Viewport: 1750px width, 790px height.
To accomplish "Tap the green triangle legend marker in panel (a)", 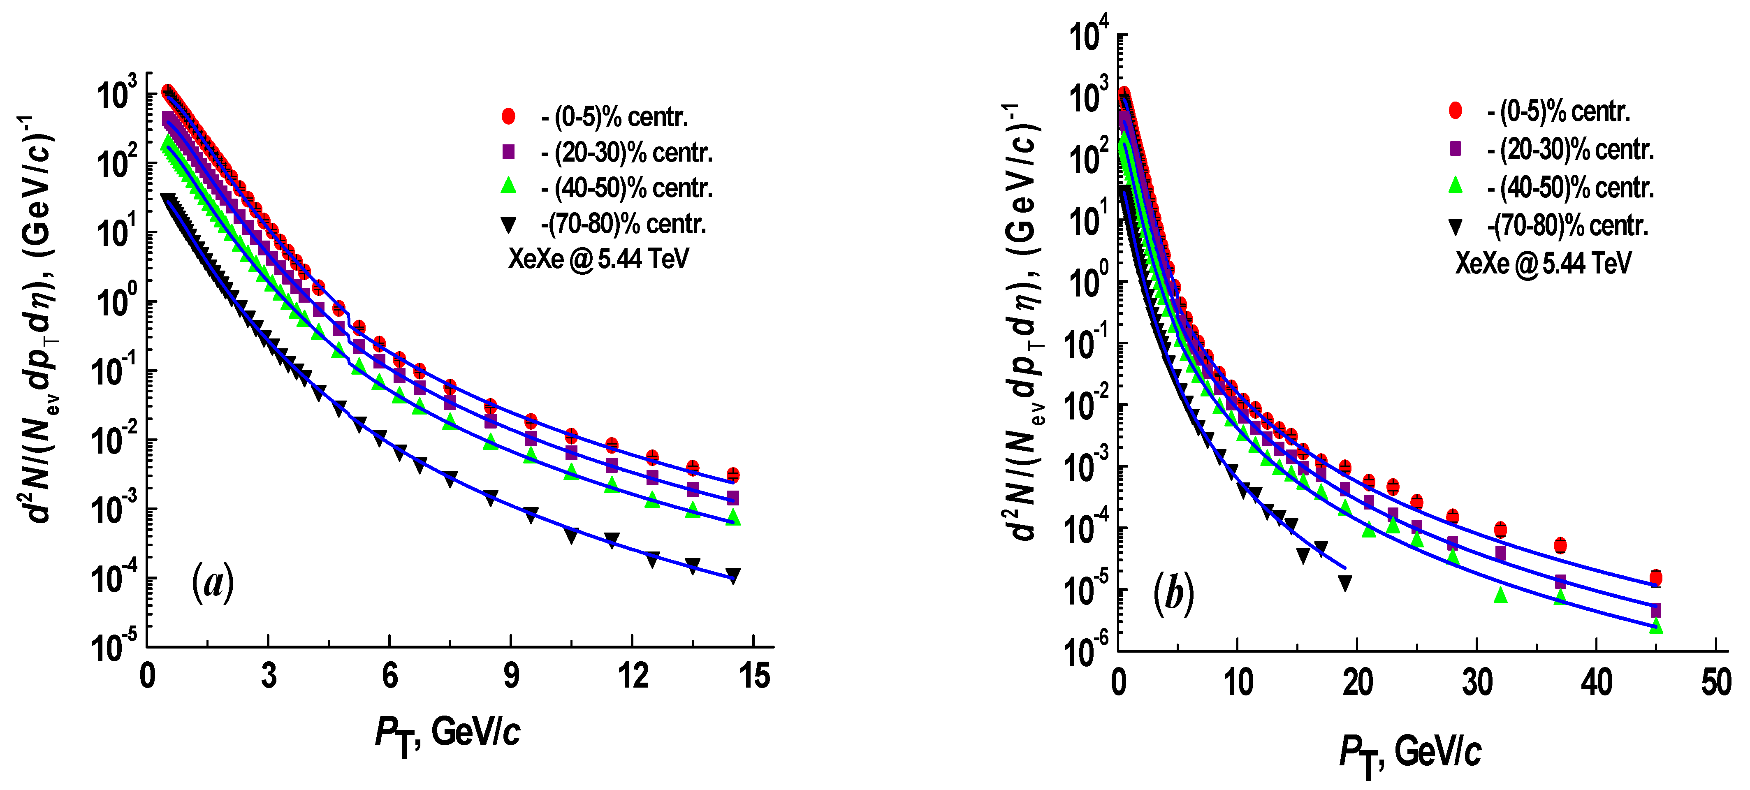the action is [508, 185].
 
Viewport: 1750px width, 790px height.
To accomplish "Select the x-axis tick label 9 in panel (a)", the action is [511, 676].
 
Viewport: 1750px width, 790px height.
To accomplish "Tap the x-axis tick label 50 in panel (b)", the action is [1716, 682].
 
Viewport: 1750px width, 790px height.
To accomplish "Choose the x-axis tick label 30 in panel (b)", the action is [1477, 682].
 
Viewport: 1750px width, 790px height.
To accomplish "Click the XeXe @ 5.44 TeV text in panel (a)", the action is [598, 259].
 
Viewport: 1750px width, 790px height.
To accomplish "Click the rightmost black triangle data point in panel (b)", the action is [1344, 583].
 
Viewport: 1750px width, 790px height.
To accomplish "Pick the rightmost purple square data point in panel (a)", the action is [732, 498].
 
